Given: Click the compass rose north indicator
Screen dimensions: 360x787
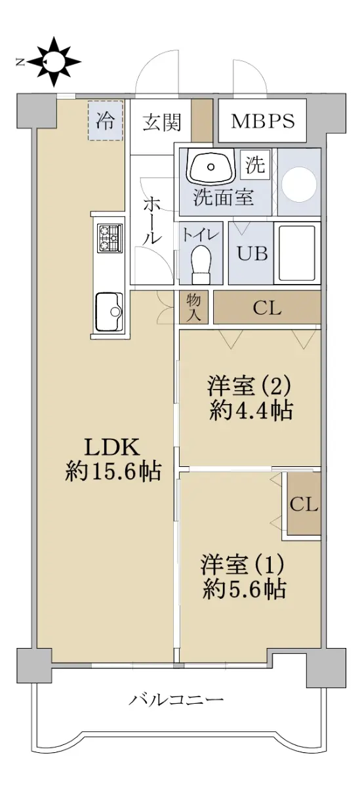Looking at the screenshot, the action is pos(49,62).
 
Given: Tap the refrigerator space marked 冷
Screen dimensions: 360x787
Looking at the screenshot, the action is pos(105,121).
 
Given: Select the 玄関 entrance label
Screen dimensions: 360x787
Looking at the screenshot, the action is pos(162,122).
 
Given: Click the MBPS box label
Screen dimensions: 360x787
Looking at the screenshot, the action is pos(263,121).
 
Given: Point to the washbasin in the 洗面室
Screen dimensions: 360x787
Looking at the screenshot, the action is pos(210,166).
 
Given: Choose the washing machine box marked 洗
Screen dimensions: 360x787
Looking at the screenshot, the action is pos(255,165).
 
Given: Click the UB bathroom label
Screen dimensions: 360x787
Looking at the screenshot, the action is pos(252,253).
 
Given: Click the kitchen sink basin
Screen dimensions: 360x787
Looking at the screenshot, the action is pos(109,312).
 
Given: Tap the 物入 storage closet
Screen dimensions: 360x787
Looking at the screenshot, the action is pos(193,307).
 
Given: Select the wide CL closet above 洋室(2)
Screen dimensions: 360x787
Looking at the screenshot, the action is pos(268,307).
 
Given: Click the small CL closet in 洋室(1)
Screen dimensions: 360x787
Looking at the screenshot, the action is pos(304,504).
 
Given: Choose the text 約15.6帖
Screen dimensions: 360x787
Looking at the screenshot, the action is pos(113,471).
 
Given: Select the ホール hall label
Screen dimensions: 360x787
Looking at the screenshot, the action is pos(152,220).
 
